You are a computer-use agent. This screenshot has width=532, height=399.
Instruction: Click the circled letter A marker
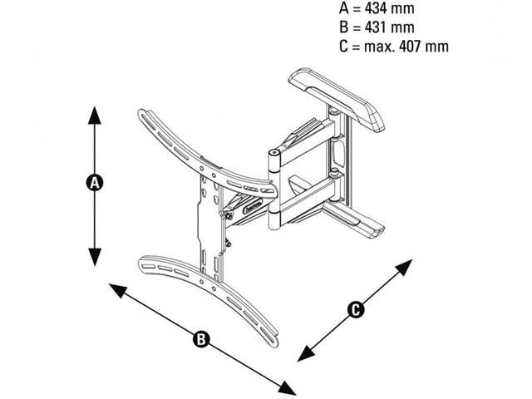(95, 183)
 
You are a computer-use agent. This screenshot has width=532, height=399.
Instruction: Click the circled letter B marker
(201, 338)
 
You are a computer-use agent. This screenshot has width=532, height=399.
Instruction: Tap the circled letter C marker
(355, 309)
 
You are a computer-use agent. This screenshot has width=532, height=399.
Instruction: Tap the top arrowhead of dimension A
(95, 113)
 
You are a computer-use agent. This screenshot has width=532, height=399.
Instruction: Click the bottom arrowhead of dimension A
(95, 258)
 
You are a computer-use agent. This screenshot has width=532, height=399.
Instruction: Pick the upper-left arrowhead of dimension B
(115, 288)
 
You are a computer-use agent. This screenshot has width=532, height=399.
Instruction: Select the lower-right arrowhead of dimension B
(288, 389)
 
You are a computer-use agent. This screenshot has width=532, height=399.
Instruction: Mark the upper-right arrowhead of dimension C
(405, 266)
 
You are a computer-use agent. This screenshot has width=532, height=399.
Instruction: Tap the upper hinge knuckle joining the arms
(274, 157)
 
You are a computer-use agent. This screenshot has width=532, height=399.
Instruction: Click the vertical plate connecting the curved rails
(209, 224)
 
